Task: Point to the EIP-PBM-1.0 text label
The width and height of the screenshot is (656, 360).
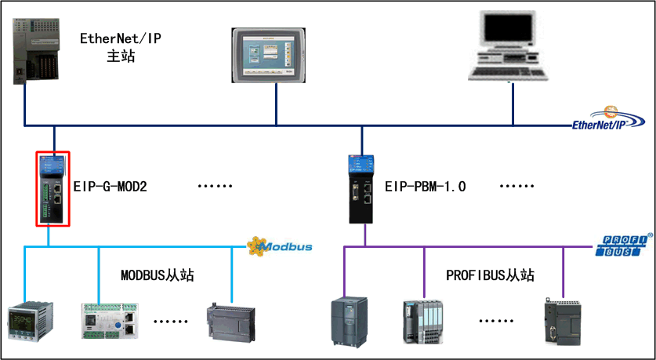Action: [x=425, y=187]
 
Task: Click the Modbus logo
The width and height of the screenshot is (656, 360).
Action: [x=280, y=246]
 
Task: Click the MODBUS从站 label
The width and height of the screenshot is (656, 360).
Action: [x=157, y=275]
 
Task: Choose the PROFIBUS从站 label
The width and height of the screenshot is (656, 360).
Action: [x=490, y=275]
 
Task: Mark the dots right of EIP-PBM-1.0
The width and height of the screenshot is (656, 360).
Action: [x=517, y=188]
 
